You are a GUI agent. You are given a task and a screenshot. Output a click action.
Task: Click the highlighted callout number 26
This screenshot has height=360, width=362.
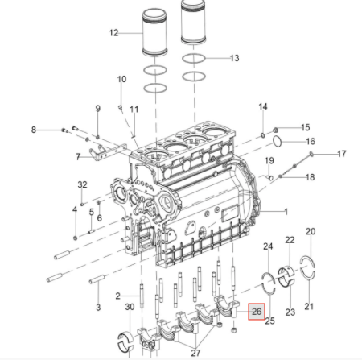(x=257, y=312)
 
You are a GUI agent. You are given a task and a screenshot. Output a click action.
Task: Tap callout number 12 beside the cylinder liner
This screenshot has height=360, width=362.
(x=113, y=33)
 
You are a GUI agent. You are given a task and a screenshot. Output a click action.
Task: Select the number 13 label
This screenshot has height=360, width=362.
(x=234, y=58)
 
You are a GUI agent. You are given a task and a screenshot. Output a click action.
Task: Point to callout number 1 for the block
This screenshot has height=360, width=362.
(x=286, y=212)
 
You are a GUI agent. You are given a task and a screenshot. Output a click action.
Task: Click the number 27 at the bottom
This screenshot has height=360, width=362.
(x=195, y=353)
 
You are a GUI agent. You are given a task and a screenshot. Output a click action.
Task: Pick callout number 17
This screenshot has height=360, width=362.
(x=341, y=154)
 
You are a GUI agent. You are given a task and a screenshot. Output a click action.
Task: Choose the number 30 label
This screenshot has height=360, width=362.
(x=130, y=307)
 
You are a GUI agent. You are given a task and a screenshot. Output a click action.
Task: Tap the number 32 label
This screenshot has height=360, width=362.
(x=82, y=184)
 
